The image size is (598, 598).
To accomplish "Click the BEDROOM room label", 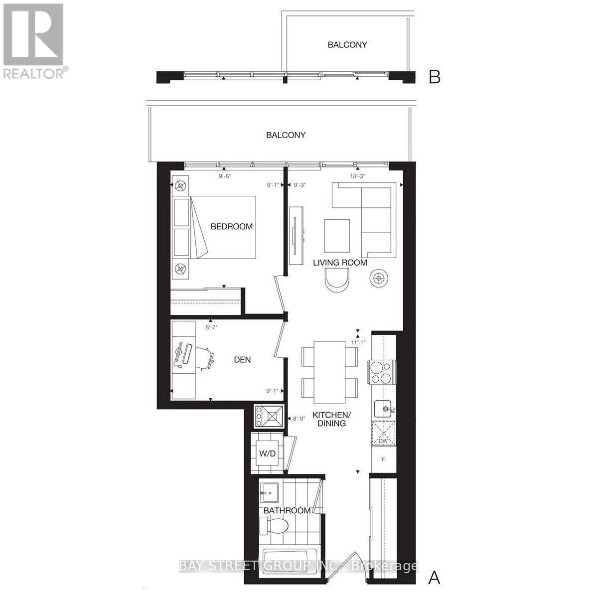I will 232,226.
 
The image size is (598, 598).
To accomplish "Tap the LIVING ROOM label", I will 340,263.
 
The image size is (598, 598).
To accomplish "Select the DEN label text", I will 242,359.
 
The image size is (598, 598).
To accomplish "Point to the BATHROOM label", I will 287,510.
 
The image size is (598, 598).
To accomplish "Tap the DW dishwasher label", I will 383,441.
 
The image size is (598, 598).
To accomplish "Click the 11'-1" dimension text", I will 358,342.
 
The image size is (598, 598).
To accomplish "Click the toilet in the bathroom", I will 275,525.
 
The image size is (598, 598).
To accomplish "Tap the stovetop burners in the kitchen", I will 381,372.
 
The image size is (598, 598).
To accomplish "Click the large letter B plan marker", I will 435,77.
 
